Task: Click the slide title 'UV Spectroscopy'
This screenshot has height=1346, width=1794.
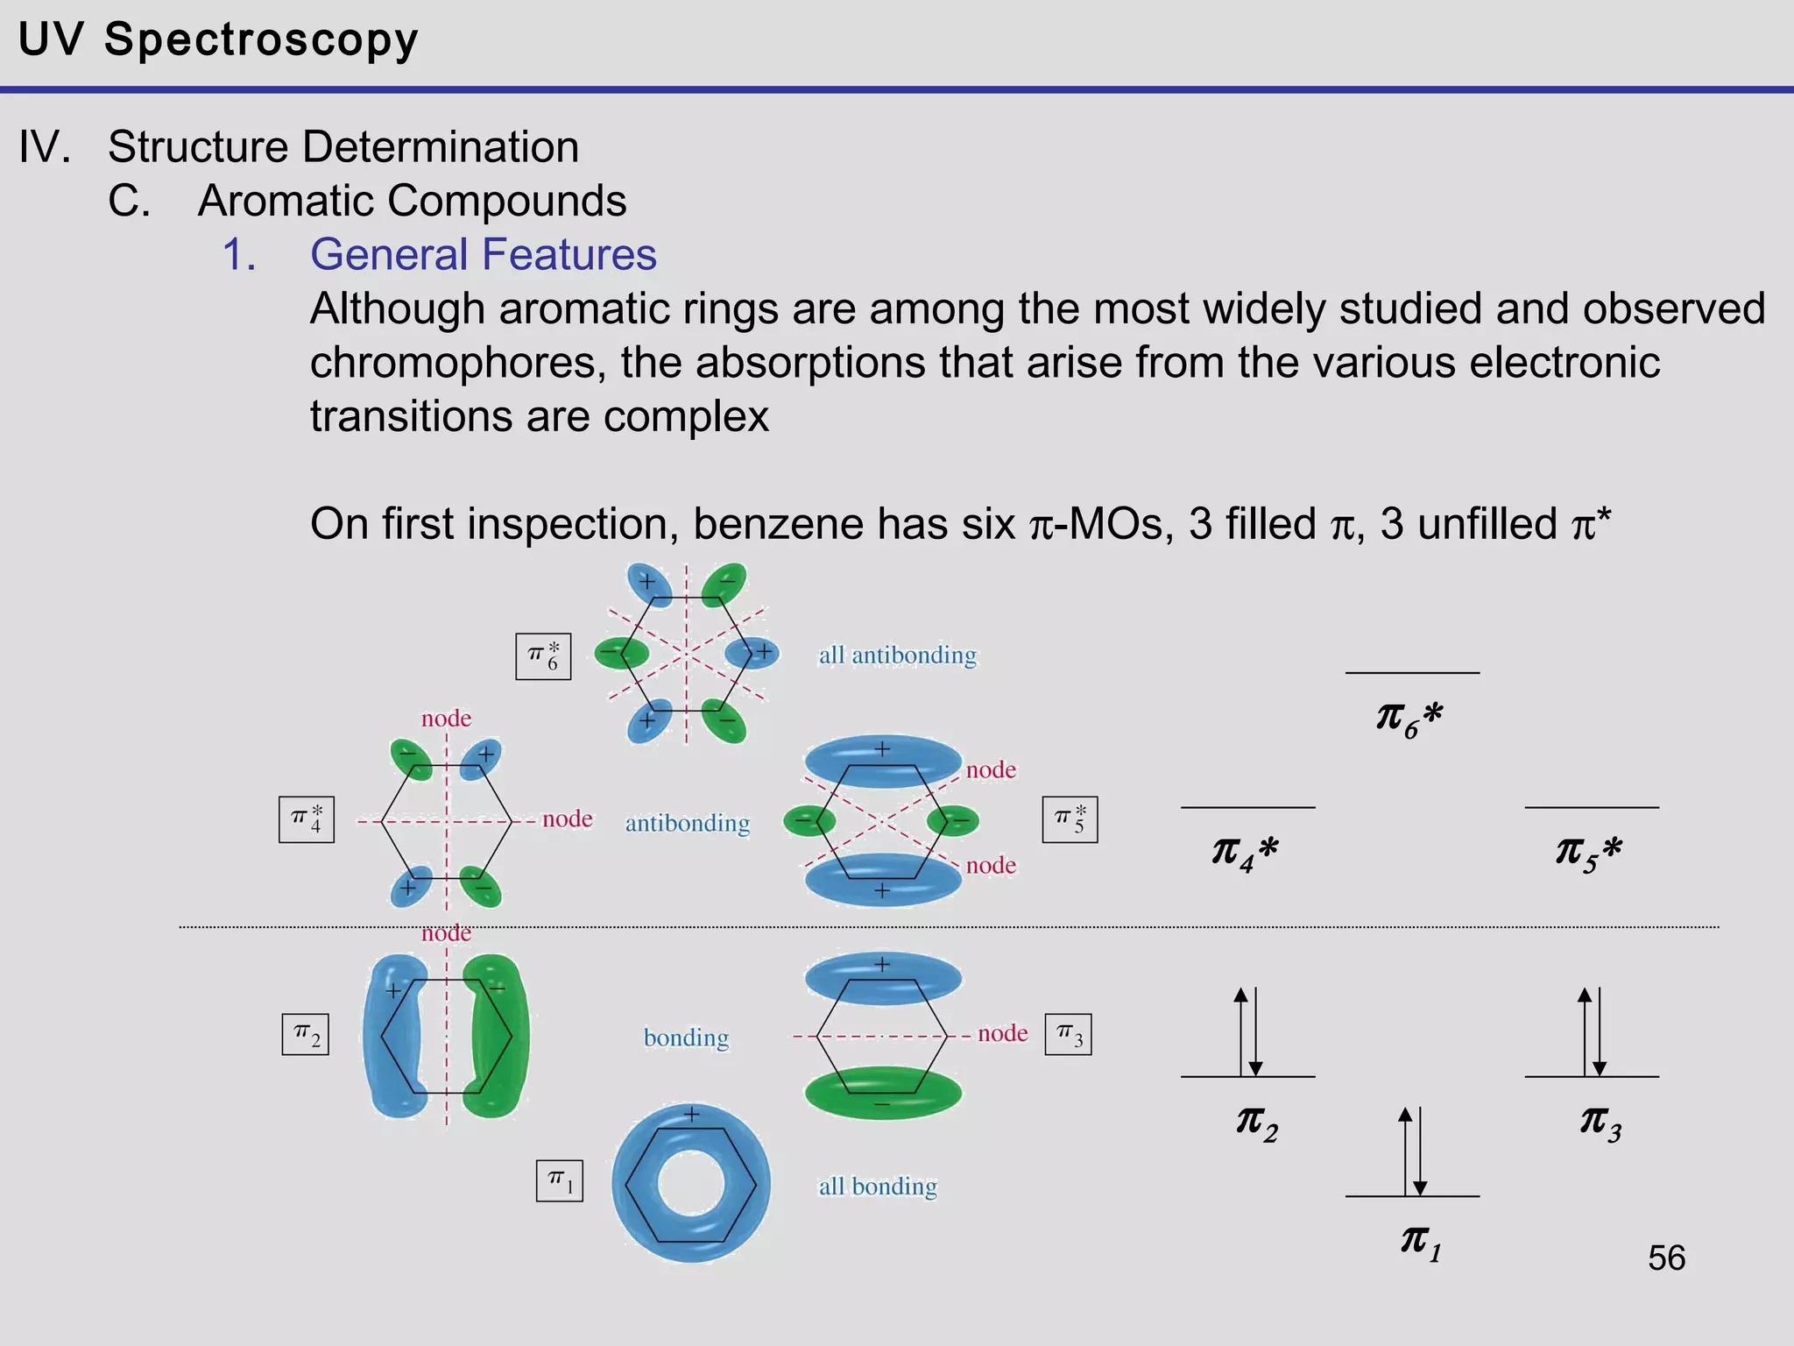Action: click(218, 40)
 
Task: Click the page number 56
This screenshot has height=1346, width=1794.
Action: click(1666, 1258)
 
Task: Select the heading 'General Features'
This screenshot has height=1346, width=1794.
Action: click(483, 255)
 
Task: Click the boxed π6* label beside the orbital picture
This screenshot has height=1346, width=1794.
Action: click(543, 656)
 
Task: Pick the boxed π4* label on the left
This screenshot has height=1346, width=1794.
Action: click(307, 819)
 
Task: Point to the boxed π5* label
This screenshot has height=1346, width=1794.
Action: click(1070, 819)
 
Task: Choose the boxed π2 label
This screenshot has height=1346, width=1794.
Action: click(306, 1035)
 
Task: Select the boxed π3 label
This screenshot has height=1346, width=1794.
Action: click(1068, 1035)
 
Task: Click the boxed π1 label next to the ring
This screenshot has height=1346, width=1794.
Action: click(560, 1180)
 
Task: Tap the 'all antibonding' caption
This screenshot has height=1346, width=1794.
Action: click(897, 655)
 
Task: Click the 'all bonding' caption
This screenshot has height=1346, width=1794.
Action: click(878, 1187)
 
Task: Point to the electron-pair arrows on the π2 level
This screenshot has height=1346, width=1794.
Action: click(1248, 1031)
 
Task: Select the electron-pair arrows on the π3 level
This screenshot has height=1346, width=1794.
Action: click(1593, 1031)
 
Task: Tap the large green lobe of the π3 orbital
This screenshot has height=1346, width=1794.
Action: click(883, 1093)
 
